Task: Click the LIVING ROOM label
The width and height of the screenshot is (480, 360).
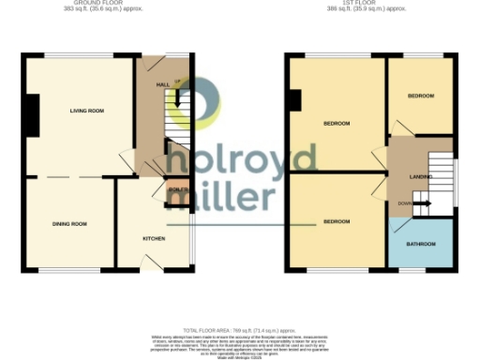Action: [85, 112]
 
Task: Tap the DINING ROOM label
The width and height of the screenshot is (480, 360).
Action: [69, 224]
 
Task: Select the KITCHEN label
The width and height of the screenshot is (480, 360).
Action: [154, 238]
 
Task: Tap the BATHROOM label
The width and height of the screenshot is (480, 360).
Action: [420, 245]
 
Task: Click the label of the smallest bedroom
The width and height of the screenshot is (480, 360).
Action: [420, 97]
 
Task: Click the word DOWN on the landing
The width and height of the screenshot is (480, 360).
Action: [404, 203]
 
